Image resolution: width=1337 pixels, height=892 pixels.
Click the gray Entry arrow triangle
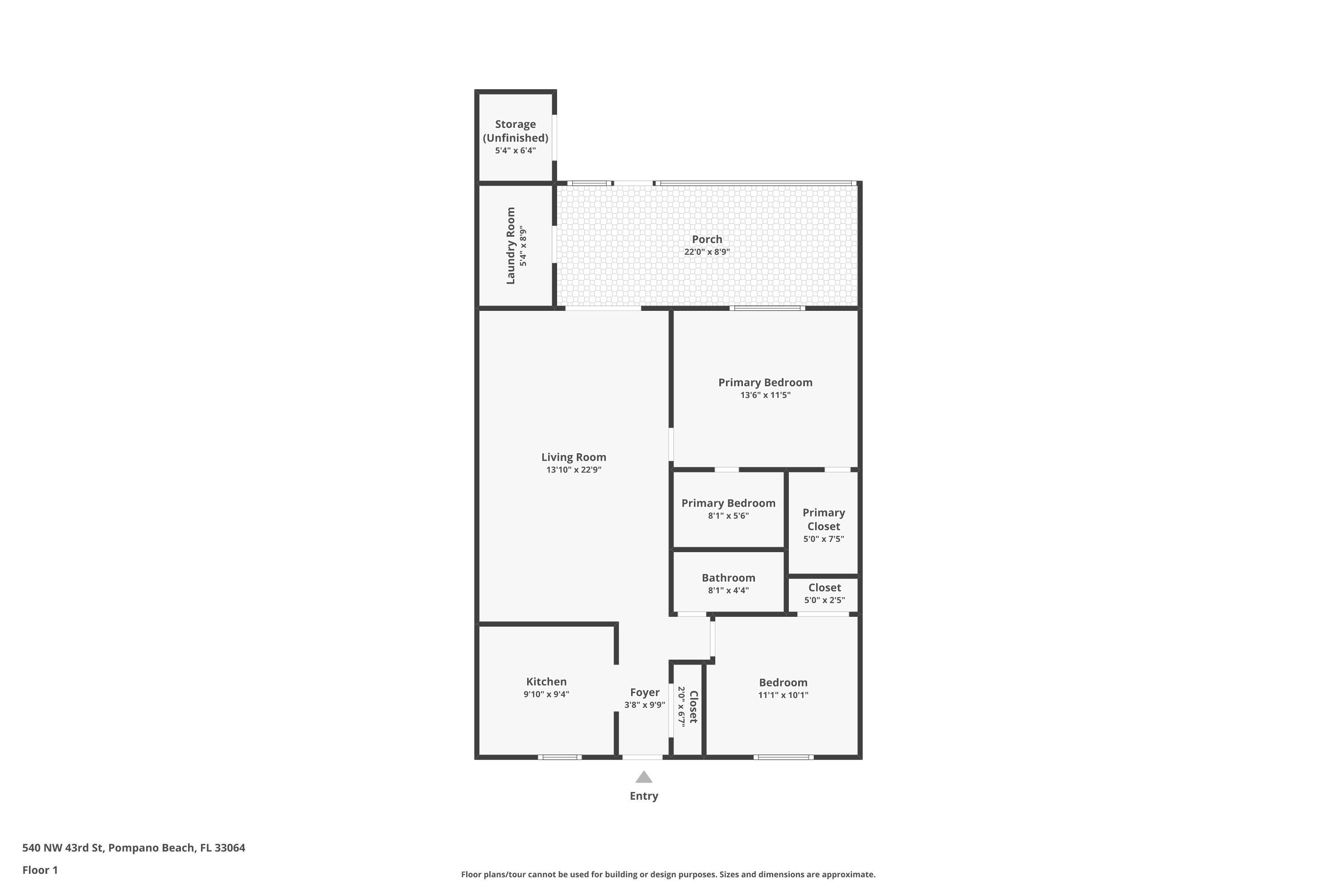(x=644, y=777)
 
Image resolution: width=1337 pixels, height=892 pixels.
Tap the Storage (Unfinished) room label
(x=515, y=131)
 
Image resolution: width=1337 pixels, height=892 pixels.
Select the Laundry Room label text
(x=510, y=246)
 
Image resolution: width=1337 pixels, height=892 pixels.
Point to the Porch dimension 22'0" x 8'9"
(x=706, y=252)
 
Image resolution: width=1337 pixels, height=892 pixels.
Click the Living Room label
(x=574, y=457)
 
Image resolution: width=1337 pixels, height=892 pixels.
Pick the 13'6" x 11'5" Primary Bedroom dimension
(x=765, y=395)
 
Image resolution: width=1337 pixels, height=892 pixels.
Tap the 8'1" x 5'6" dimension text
(x=728, y=516)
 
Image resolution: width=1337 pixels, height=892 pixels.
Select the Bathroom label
(x=728, y=578)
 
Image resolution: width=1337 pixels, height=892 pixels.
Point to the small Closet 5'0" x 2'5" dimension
(x=824, y=600)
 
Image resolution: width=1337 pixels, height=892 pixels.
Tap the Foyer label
(x=644, y=692)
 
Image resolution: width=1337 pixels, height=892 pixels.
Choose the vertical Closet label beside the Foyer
(x=693, y=707)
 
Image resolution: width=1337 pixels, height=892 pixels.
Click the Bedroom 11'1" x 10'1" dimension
(x=783, y=694)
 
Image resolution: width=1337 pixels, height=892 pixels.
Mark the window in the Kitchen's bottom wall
(x=559, y=757)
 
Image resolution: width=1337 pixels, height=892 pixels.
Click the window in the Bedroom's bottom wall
(x=783, y=757)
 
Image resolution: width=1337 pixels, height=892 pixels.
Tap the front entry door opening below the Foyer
(x=642, y=757)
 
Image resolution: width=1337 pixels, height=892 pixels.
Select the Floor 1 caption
(x=40, y=870)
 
